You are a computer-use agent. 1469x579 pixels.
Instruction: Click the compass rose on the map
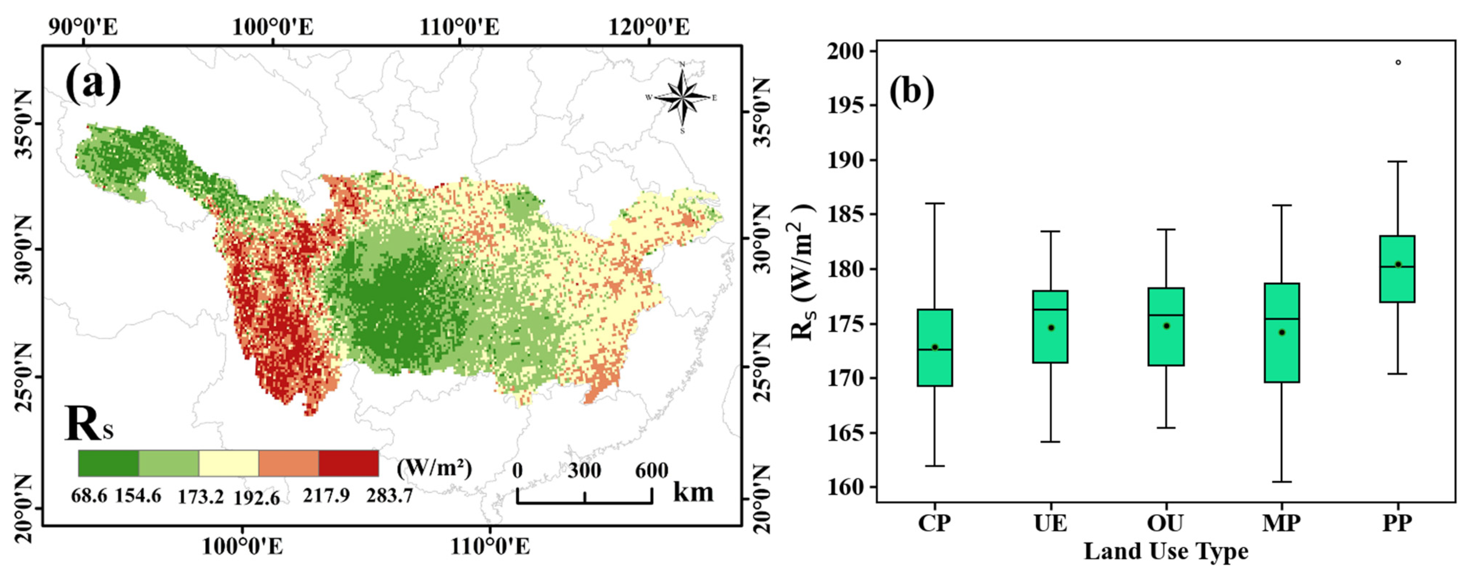(x=682, y=98)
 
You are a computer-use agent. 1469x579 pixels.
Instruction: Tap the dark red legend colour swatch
(x=349, y=463)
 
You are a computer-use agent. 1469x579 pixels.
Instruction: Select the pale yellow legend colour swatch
(x=229, y=463)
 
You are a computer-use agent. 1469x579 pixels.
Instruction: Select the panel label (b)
(x=912, y=91)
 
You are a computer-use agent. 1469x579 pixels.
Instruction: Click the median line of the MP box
(x=1282, y=319)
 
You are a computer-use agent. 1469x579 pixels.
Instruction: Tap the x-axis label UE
(x=1050, y=523)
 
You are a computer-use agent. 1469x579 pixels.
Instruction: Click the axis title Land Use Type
(x=1166, y=552)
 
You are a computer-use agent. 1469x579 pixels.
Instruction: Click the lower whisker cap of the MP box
(x=1282, y=482)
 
